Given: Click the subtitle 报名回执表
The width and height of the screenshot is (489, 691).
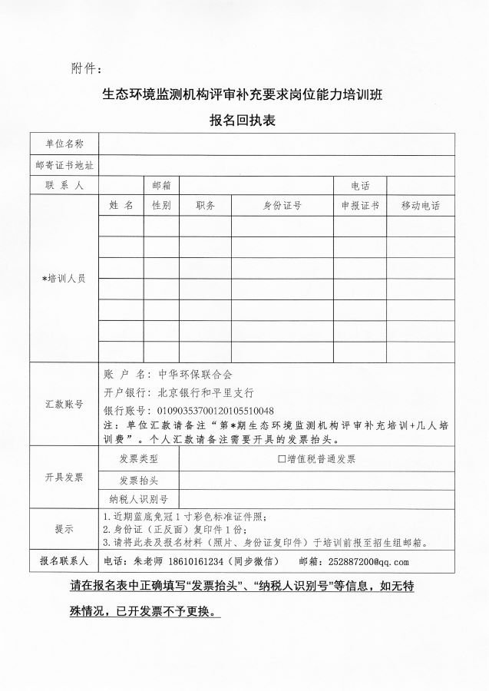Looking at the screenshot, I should [x=243, y=121].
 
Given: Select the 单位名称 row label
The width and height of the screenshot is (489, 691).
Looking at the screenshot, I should [x=64, y=144].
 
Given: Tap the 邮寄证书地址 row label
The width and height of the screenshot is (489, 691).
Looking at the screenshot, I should [x=64, y=165].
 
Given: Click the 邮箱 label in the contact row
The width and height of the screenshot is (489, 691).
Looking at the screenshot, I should [x=161, y=186].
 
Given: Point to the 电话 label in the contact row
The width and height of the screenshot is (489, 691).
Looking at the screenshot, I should [x=360, y=186].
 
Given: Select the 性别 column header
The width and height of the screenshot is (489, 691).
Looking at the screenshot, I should [x=161, y=206].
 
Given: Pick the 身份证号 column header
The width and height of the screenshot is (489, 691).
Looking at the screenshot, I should [x=282, y=206].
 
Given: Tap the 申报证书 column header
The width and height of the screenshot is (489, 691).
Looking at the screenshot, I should [x=360, y=206].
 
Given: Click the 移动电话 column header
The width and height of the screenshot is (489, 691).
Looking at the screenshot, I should [x=420, y=206].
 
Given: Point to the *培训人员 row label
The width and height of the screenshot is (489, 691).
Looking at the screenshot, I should [x=64, y=279].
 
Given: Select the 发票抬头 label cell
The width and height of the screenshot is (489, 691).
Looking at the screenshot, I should [x=139, y=481].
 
